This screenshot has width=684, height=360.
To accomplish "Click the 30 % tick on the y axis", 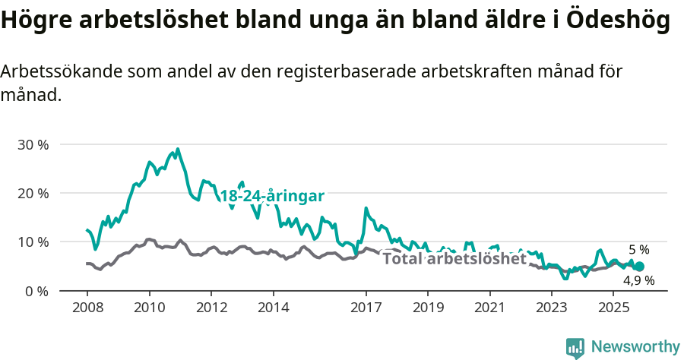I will [32, 144].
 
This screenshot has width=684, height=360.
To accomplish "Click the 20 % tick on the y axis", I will [32, 193].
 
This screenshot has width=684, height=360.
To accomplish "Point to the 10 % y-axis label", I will [32, 242].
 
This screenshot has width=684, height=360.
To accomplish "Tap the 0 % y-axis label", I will [36, 291].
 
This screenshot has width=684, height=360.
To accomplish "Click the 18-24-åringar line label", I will [272, 196].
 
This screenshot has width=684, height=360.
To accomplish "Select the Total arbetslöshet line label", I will [454, 259].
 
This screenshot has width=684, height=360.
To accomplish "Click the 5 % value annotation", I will [638, 250].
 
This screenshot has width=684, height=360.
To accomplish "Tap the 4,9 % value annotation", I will [638, 280].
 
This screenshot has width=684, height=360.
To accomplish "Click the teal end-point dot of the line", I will [639, 267].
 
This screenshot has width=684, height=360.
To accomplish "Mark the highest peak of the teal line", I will [178, 150].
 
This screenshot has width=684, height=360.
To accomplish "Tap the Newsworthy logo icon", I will [575, 347].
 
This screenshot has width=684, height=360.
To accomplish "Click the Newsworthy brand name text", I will [635, 347].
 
